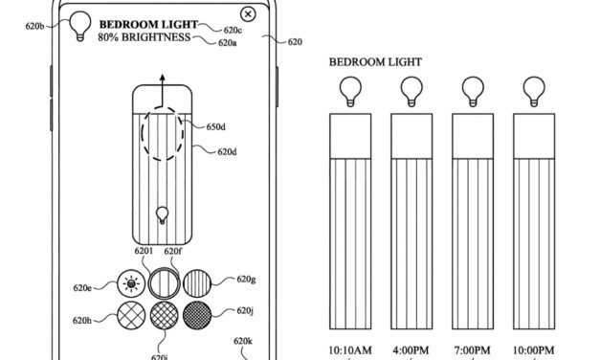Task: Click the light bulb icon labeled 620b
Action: click(x=78, y=20)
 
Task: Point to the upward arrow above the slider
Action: click(x=161, y=79)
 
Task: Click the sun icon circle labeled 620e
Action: click(x=129, y=282)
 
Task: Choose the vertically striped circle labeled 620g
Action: click(x=196, y=282)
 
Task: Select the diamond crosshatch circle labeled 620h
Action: click(x=129, y=314)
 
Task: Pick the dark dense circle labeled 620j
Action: click(x=196, y=314)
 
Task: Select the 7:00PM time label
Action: click(x=468, y=349)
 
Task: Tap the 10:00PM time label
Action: click(x=529, y=349)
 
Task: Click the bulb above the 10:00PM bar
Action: click(x=529, y=91)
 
